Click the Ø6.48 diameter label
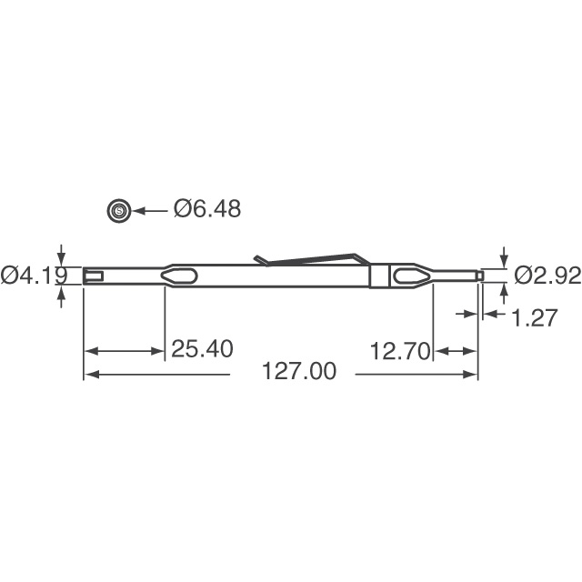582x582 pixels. click(207, 209)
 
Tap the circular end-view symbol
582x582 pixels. click(118, 210)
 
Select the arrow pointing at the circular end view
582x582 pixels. click(151, 210)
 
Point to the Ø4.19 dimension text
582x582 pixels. click(29, 275)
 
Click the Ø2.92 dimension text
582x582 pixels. click(547, 276)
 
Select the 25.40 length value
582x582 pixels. click(202, 349)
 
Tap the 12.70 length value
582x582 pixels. click(399, 351)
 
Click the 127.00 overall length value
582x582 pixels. click(298, 373)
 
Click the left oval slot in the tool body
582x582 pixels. click(179, 276)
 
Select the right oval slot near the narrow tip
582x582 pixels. click(407, 276)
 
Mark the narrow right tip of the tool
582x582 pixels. click(477, 274)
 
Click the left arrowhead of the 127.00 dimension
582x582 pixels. click(89, 374)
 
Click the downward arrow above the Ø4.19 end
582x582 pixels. click(61, 258)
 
